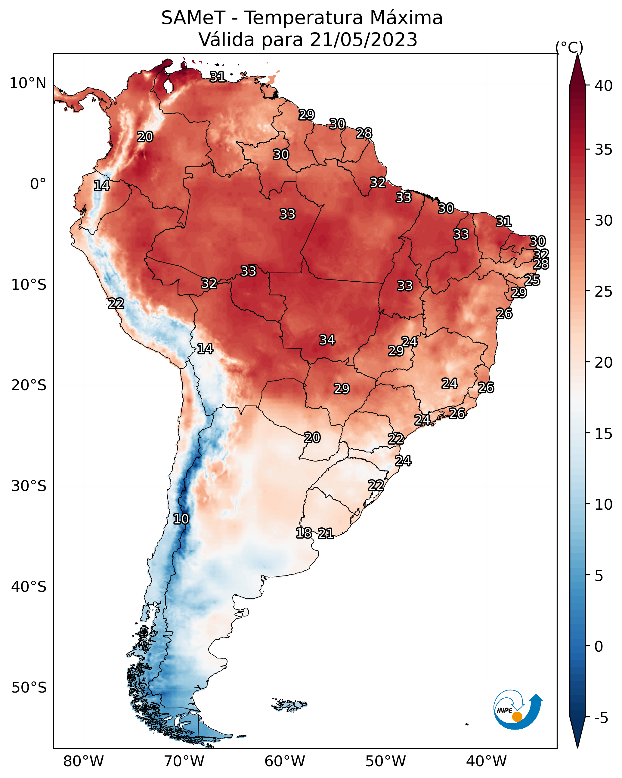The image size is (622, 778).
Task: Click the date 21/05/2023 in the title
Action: (x=364, y=40)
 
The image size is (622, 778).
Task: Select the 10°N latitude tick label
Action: (x=28, y=83)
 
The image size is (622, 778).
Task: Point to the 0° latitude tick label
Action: (x=38, y=184)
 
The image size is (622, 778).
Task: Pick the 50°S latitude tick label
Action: (x=29, y=688)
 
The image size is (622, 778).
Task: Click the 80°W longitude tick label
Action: (x=83, y=761)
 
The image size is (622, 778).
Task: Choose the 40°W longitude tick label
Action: (x=486, y=761)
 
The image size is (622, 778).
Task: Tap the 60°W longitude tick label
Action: (x=285, y=761)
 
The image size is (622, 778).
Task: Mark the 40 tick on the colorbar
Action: (x=604, y=86)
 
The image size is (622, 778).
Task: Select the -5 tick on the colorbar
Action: (x=602, y=718)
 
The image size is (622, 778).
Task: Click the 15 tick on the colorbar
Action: (x=604, y=434)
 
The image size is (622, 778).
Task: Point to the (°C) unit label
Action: (x=569, y=47)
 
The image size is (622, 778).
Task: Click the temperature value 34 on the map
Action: (x=327, y=340)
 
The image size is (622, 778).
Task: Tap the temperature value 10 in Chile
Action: (x=181, y=519)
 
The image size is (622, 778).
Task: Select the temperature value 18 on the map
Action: (x=304, y=533)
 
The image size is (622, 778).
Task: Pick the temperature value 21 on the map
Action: (x=326, y=533)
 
